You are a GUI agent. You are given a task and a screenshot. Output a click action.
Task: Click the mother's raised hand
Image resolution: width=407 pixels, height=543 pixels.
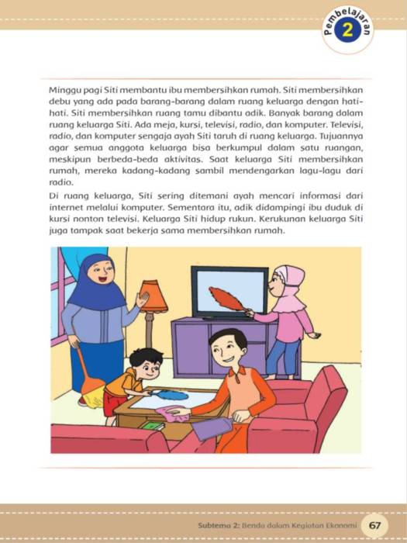(142, 299)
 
